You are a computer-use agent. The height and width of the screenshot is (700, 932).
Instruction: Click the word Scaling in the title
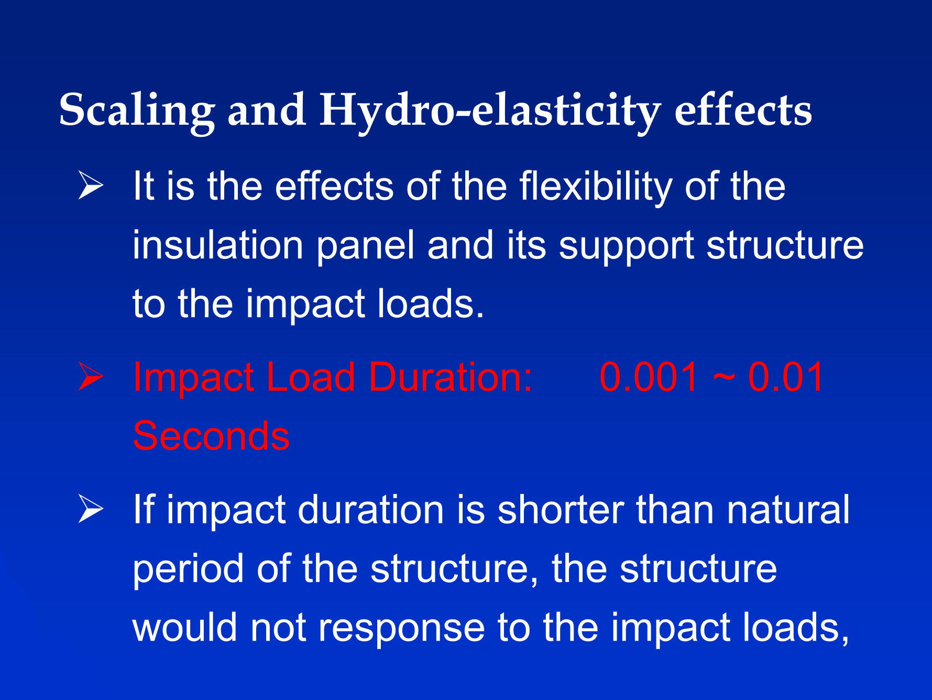coord(137,111)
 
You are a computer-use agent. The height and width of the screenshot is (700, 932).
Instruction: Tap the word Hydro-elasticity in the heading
coord(490,111)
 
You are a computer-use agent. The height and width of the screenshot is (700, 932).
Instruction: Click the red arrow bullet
coord(91,376)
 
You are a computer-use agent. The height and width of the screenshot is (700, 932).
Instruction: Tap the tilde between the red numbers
coord(723,379)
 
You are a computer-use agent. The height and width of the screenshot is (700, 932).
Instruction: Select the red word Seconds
coord(211,436)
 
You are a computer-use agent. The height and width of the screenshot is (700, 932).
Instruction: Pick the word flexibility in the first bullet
coord(596,187)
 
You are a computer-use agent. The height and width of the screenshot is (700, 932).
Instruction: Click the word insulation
coord(218,245)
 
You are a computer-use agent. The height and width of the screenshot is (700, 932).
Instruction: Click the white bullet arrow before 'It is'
coord(91,185)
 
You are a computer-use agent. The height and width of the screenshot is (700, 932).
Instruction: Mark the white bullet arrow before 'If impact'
coord(91,509)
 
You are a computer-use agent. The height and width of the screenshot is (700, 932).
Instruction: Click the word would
coord(185,627)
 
